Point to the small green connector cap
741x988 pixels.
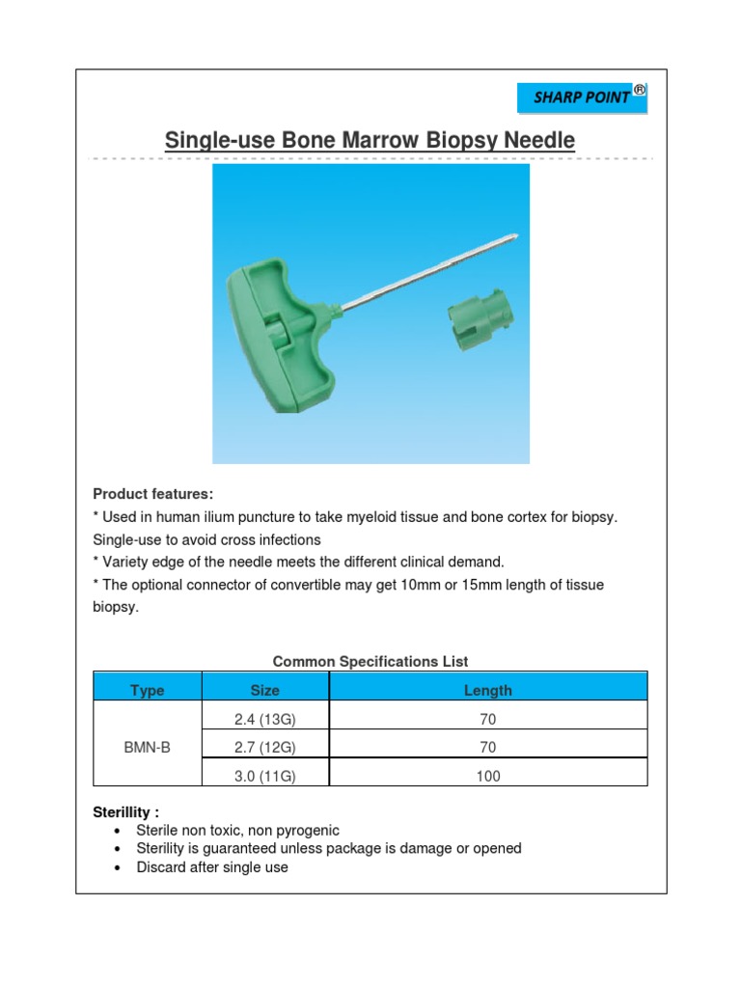[480, 323]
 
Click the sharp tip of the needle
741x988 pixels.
[518, 235]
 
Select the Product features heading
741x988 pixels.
[152, 494]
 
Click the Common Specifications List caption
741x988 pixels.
[370, 662]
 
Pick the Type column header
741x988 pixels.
[147, 690]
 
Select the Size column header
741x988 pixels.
[264, 690]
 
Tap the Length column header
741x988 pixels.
[488, 690]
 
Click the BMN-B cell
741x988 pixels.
[147, 747]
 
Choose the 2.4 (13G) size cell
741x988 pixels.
[264, 719]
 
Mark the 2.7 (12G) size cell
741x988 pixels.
[264, 747]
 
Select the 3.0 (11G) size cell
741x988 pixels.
[264, 776]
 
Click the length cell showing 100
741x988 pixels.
[488, 776]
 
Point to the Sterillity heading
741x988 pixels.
[125, 811]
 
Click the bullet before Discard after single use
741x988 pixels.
[117, 867]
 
